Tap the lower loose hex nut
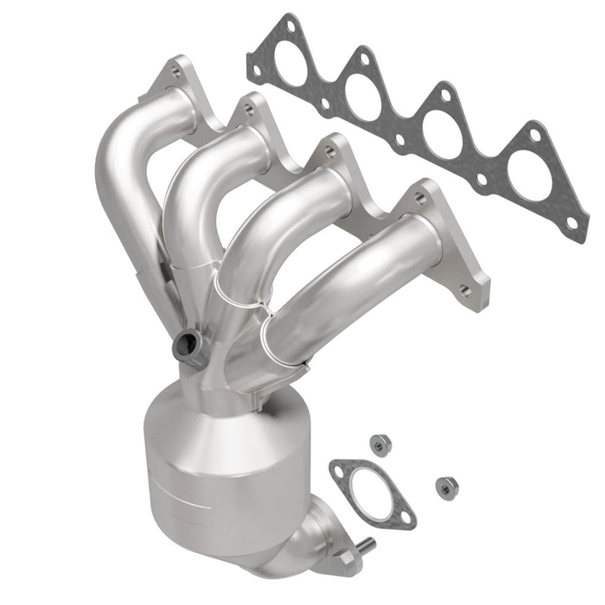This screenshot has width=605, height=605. tap(447, 487)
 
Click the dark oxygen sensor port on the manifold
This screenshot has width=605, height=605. tap(185, 346)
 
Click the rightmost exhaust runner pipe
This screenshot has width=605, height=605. tap(346, 285)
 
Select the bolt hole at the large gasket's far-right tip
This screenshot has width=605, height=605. tap(571, 223)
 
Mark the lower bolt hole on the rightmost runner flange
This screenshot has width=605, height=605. tap(467, 291)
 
